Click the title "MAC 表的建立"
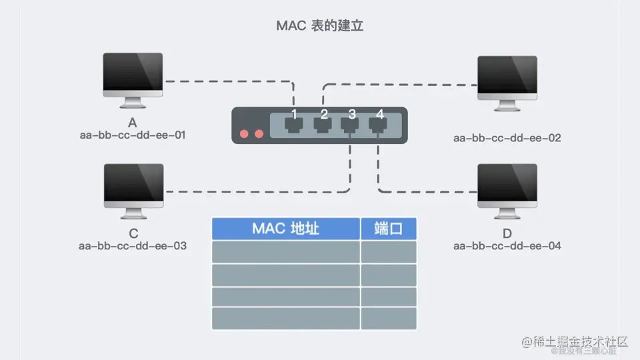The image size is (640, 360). (319, 26)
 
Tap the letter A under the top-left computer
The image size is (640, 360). (133, 123)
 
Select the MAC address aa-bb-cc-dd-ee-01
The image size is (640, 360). (133, 135)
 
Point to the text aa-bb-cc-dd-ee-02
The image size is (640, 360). (507, 139)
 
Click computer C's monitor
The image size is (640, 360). (133, 183)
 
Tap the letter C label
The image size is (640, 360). (133, 233)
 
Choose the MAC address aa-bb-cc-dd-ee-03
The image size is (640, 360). (133, 246)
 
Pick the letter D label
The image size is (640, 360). (507, 233)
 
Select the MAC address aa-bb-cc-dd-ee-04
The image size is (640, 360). (507, 246)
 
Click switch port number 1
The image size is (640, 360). (293, 124)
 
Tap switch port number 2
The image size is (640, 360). (323, 124)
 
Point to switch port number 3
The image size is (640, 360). (351, 124)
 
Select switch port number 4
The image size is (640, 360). (379, 124)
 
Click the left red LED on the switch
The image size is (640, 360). (245, 133)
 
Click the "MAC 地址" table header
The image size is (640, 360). (285, 229)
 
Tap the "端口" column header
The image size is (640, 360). (389, 229)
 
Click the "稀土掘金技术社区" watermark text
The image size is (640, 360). (575, 341)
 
